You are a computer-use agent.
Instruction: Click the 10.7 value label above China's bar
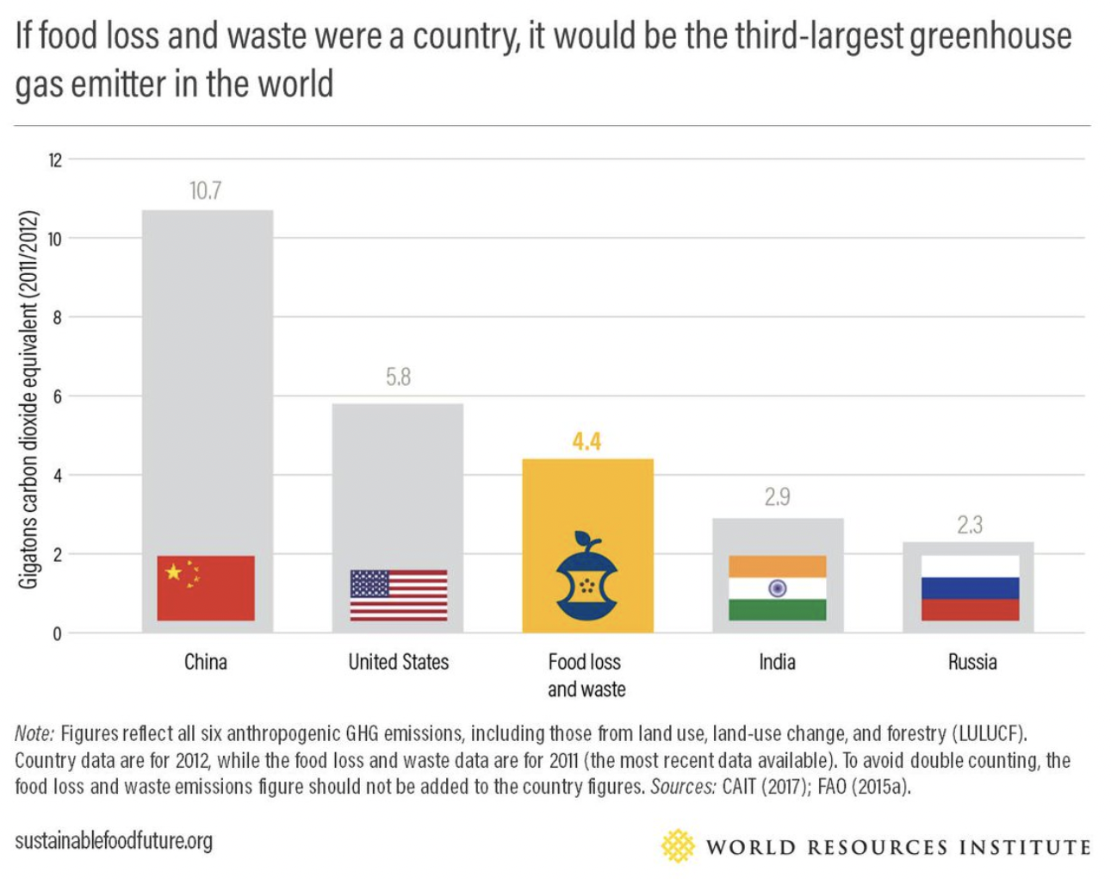(205, 190)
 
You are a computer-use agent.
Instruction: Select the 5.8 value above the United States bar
(398, 377)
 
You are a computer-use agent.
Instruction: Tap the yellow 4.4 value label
(587, 442)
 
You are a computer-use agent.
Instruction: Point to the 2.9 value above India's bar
(777, 497)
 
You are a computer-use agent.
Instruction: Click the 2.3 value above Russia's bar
(969, 525)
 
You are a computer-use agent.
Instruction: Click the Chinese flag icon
(206, 588)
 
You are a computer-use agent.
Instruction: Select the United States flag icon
(399, 595)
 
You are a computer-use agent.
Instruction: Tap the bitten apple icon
(587, 577)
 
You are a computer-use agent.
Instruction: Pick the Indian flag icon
(777, 588)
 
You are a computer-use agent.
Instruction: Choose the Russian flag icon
(970, 588)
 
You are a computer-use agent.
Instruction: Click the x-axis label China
(206, 662)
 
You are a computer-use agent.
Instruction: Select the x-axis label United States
(399, 662)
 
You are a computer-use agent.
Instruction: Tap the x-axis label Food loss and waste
(586, 675)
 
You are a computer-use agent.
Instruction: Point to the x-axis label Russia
(972, 662)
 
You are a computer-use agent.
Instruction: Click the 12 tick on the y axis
(55, 160)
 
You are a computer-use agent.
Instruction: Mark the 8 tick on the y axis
(57, 318)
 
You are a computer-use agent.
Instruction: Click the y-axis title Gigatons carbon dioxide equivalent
(28, 400)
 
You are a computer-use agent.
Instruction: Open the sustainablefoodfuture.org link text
(114, 840)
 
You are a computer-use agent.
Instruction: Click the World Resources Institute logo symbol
(678, 846)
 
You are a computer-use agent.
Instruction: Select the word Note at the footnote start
(34, 734)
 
